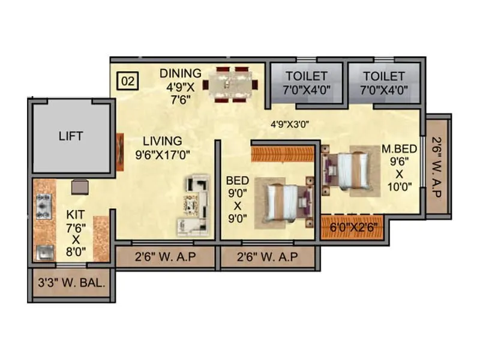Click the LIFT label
[x=71, y=136]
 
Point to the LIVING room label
[x=162, y=141]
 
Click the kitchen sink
[x=45, y=252]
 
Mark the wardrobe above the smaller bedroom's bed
[x=283, y=152]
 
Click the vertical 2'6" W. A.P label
[x=437, y=167]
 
